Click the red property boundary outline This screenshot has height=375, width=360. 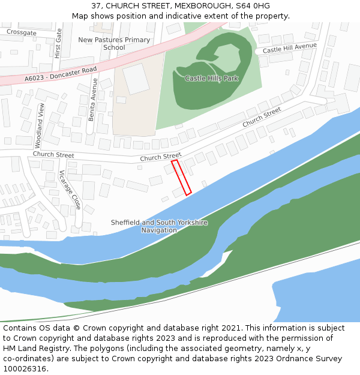tap(181, 177)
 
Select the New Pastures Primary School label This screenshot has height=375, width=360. tap(114, 43)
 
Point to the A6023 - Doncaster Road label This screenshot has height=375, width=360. tap(61, 74)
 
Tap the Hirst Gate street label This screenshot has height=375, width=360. tap(58, 44)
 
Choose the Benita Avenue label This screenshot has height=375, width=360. tap(94, 100)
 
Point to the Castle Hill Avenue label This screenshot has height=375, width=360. tap(290, 48)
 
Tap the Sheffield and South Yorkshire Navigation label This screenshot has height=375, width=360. tap(159, 226)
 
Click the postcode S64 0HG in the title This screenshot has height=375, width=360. tap(253, 6)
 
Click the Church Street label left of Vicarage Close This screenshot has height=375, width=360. tap(53, 154)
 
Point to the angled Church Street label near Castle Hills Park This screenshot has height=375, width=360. tap(262, 118)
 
